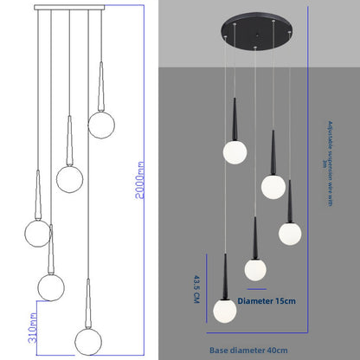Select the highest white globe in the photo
pos(235,151)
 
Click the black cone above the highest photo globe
pos(235,119)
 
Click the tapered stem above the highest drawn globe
pos(101,86)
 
